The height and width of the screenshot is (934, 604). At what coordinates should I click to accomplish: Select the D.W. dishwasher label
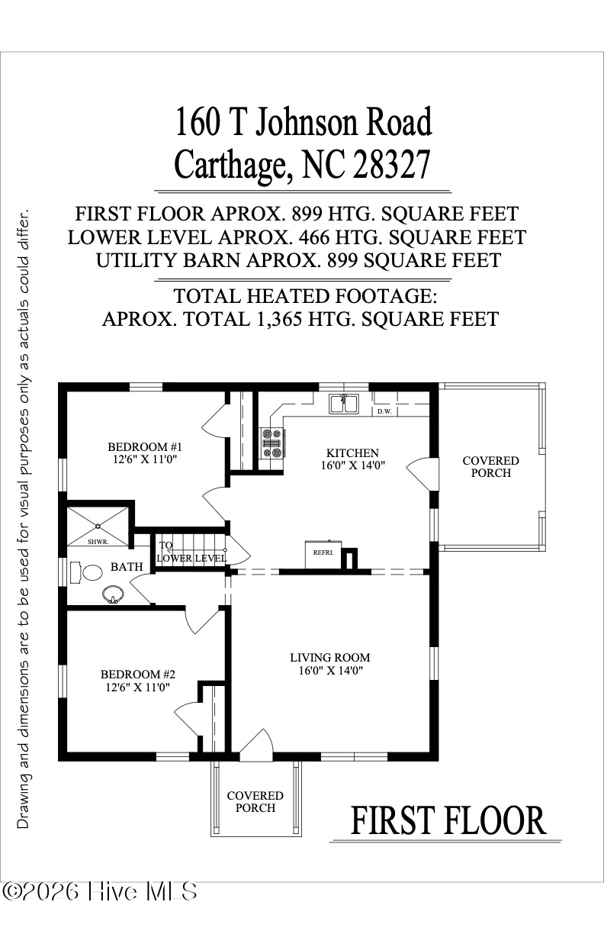click(x=384, y=411)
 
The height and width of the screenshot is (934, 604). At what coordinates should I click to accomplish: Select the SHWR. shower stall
click(x=98, y=527)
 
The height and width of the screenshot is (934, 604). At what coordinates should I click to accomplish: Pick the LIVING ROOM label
click(x=329, y=657)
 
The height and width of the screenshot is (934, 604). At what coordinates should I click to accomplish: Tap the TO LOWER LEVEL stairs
click(x=191, y=552)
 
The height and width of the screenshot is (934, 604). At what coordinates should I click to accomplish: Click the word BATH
click(x=126, y=567)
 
